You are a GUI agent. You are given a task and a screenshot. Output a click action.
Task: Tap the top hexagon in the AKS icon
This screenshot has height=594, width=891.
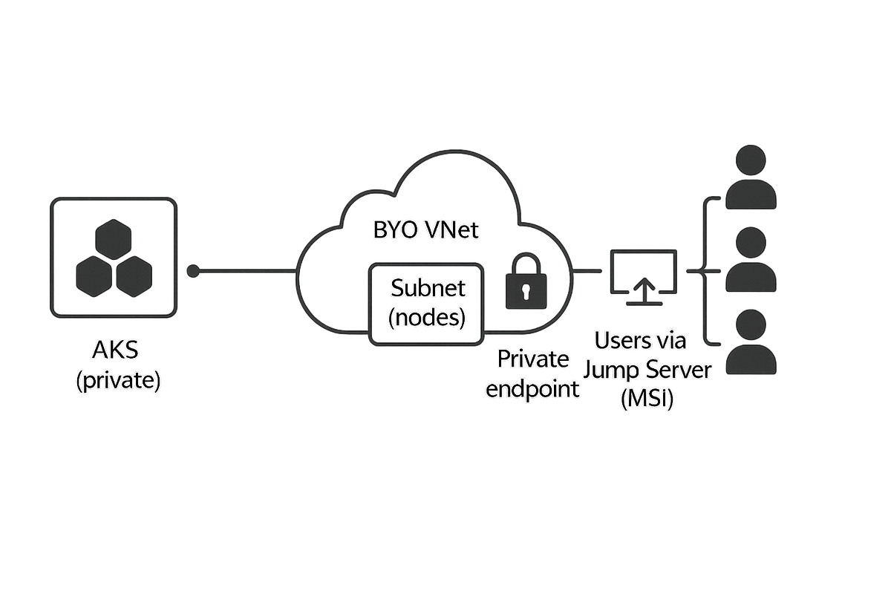pyautogui.click(x=114, y=240)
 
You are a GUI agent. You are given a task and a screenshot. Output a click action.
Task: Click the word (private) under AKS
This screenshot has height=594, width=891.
pyautogui.click(x=117, y=382)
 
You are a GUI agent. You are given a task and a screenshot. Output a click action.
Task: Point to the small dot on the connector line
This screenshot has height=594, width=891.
pyautogui.click(x=193, y=272)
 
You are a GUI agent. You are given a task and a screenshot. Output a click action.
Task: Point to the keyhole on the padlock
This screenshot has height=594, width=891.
pyautogui.click(x=525, y=290)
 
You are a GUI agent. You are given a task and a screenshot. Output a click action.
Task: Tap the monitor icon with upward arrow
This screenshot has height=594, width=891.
pyautogui.click(x=643, y=275)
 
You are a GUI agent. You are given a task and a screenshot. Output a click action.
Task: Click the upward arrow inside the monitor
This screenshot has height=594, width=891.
pyautogui.click(x=643, y=286)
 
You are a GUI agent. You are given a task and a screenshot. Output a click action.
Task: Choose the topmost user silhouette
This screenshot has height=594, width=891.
pyautogui.click(x=752, y=177)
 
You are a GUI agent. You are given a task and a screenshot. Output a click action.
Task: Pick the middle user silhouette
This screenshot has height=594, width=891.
pyautogui.click(x=752, y=260)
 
